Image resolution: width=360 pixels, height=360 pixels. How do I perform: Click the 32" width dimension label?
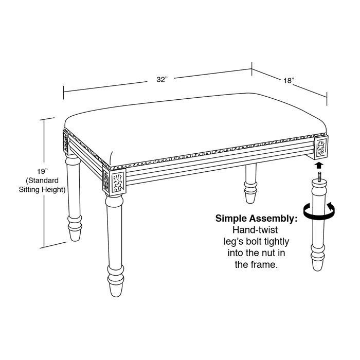pyautogui.click(x=162, y=79)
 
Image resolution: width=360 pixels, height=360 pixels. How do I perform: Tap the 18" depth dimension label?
pyautogui.click(x=289, y=81)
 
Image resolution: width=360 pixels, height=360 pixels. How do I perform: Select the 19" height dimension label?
pyautogui.click(x=43, y=171)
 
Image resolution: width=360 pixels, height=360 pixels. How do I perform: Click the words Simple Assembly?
pyautogui.click(x=256, y=219)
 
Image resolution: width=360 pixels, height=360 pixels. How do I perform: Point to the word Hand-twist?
pyautogui.click(x=255, y=230)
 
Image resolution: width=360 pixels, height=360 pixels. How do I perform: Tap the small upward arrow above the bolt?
pyautogui.click(x=319, y=166)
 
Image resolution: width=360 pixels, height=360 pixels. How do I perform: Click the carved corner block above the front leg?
pyautogui.click(x=114, y=182)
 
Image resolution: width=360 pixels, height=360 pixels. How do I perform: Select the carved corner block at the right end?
pyautogui.click(x=321, y=148)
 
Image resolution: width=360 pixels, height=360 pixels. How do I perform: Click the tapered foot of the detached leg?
pyautogui.click(x=318, y=265)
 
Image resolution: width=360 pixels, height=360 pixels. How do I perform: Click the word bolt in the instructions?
pyautogui.click(x=255, y=242)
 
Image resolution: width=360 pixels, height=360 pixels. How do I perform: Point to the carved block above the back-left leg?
pyautogui.click(x=66, y=142)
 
